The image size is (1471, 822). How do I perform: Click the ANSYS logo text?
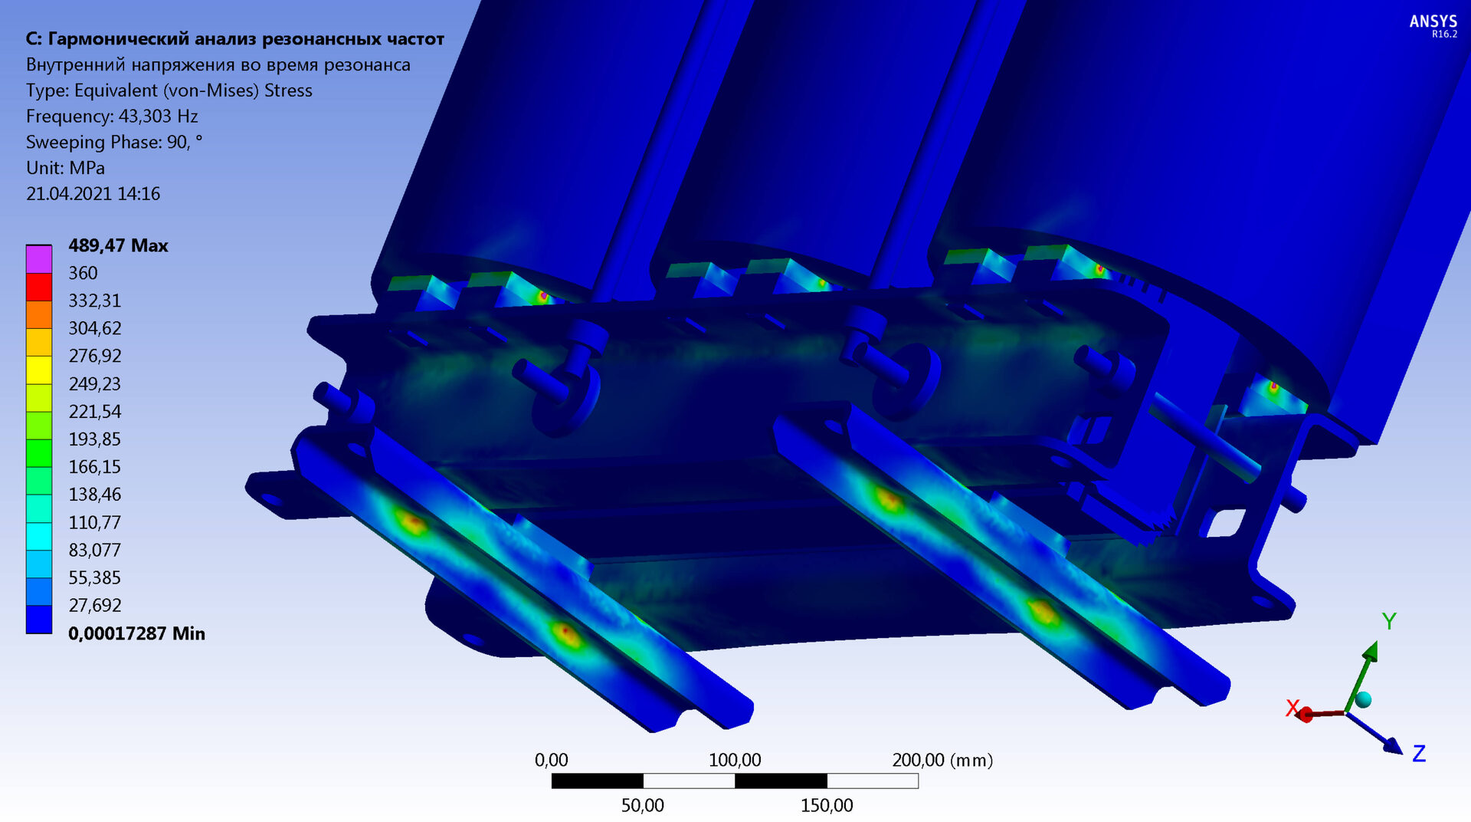(x=1433, y=21)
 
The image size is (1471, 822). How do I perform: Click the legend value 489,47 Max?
(x=118, y=245)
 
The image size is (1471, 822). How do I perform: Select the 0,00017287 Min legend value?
(x=136, y=633)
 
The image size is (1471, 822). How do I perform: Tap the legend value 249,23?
(x=94, y=383)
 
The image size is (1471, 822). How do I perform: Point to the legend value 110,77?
(x=94, y=522)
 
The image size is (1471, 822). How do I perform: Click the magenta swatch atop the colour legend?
(x=39, y=259)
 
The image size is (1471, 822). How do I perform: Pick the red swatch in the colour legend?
(x=39, y=287)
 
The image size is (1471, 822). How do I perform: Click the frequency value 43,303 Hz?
(x=158, y=117)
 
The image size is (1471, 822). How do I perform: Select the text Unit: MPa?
(x=65, y=168)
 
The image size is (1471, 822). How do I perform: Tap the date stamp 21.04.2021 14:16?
(x=93, y=194)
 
